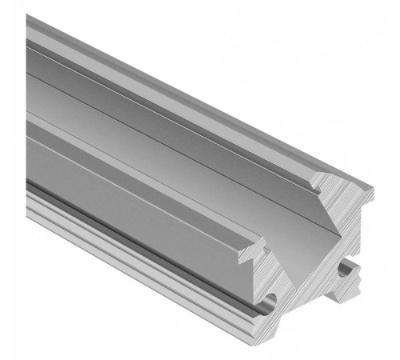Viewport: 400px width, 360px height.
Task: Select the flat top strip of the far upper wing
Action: coord(160,80)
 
